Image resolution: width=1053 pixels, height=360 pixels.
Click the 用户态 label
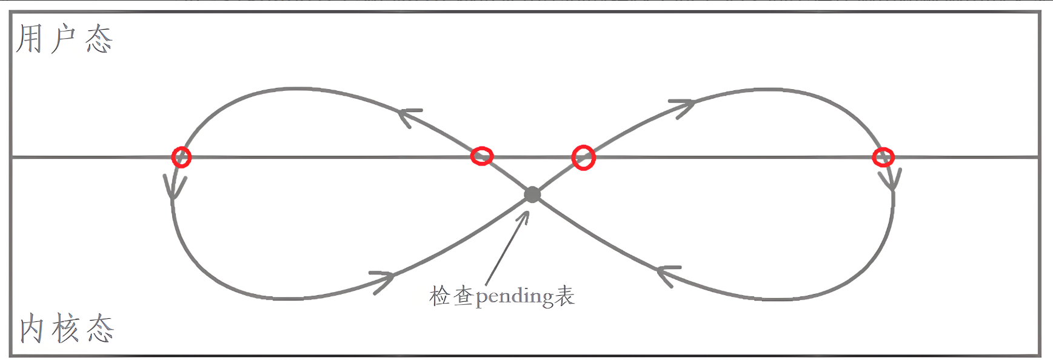coord(64,39)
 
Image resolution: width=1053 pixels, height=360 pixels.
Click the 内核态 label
coord(66,328)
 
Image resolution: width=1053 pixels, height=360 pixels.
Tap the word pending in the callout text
coord(515,297)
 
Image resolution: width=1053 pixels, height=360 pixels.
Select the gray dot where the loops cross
coord(532,195)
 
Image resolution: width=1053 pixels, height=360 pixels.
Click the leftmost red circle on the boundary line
coord(181,157)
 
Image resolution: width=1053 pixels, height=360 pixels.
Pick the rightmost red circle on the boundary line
coord(883,157)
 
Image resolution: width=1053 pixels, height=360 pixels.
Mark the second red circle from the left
coord(482,156)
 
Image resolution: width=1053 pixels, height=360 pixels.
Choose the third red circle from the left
coord(583,158)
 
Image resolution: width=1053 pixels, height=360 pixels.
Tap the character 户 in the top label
coord(63,39)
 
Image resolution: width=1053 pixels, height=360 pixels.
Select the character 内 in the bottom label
coord(32,328)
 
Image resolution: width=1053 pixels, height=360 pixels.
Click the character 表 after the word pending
coord(564,296)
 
